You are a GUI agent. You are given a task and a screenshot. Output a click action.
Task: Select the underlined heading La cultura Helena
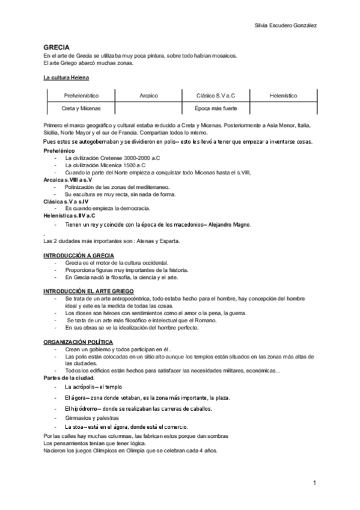(66, 78)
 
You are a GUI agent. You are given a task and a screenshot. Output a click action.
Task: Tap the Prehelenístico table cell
(81, 96)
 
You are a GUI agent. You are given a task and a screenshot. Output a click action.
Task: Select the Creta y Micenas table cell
(81, 108)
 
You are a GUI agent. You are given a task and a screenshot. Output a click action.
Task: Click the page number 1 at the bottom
(314, 483)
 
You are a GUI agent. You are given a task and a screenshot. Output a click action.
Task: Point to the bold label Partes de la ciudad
(69, 378)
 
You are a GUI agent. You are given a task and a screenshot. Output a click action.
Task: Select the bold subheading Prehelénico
(59, 150)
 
